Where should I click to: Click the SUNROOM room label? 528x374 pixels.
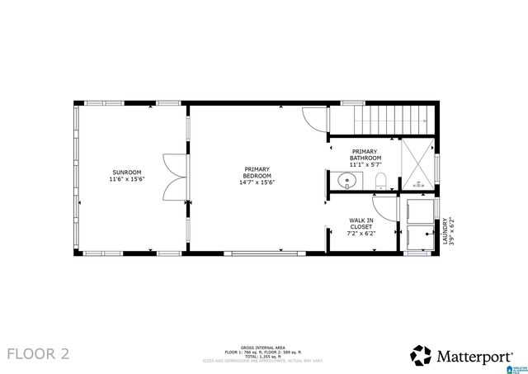tap(126, 173)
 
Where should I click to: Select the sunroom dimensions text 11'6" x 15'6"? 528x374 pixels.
tap(126, 180)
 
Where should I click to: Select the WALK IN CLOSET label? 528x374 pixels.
tap(361, 224)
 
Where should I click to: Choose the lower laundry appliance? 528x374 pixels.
tap(422, 237)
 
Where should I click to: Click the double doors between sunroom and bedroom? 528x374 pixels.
tap(175, 177)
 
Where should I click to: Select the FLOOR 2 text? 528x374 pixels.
tap(39, 354)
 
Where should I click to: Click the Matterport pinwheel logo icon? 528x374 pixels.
tap(421, 355)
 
